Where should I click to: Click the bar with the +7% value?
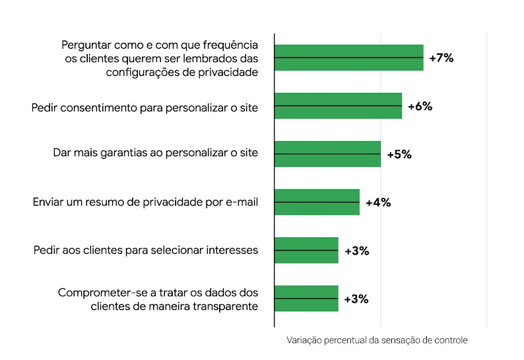348,57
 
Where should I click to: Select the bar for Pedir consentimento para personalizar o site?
338,105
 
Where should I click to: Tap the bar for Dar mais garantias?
327,154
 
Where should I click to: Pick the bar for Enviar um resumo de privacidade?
317,202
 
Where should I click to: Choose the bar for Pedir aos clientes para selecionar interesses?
306,251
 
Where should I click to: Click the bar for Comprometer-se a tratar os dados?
306,299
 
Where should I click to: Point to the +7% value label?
441,58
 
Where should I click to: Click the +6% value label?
420,106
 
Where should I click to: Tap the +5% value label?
399,154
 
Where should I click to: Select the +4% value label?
377,202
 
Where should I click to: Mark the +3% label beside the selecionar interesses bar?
356,251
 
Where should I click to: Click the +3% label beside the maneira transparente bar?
356,299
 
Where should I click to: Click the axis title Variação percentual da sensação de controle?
377,341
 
